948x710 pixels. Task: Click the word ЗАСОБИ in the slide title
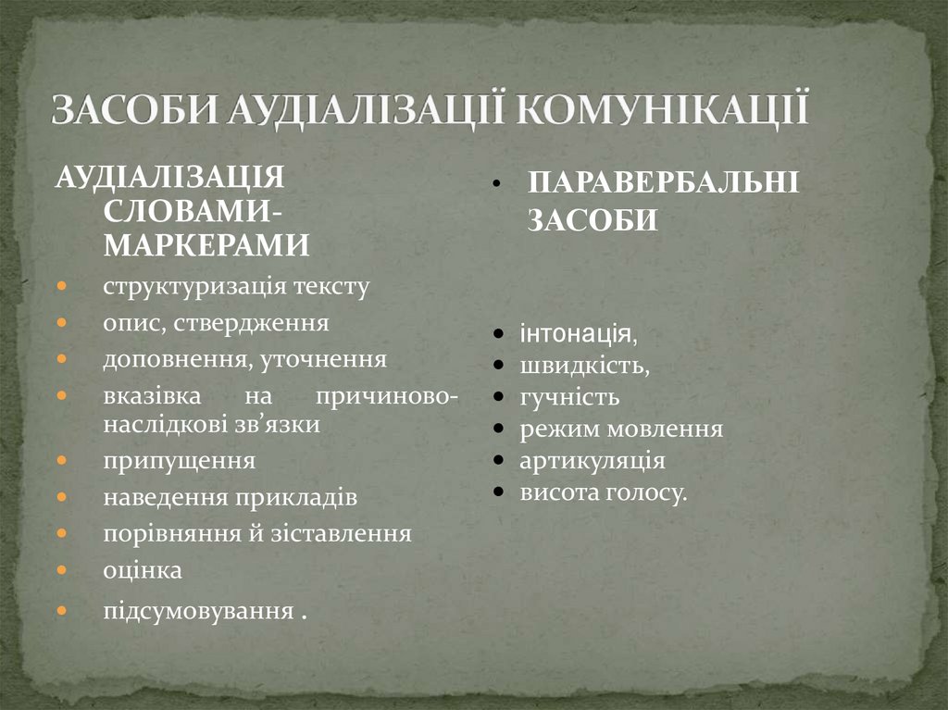coord(135,108)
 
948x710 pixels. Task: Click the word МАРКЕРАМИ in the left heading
coord(206,244)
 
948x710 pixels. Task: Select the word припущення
coord(179,459)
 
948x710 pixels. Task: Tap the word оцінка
coord(143,570)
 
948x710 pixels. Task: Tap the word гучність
coord(568,397)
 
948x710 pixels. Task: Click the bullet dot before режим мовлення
coord(499,430)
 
